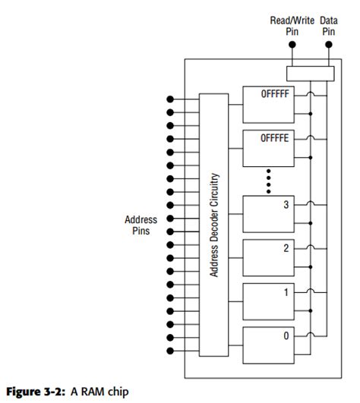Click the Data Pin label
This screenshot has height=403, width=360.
click(328, 26)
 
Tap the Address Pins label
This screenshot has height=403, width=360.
click(141, 225)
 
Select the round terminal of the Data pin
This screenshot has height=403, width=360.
click(329, 45)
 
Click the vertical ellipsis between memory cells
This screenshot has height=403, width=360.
click(268, 181)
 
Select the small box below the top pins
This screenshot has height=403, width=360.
click(310, 74)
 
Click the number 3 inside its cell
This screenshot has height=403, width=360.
click(286, 204)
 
